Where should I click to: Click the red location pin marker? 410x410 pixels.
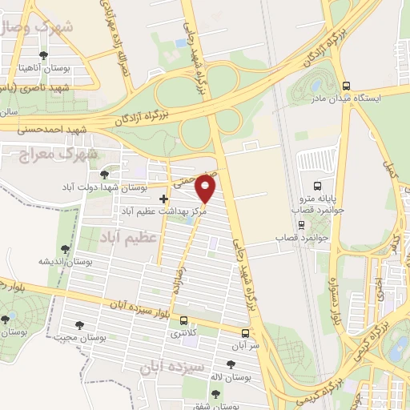pos(206,189)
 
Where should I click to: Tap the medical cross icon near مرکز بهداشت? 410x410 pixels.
pos(164,199)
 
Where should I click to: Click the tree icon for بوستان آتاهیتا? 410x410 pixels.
pos(42,55)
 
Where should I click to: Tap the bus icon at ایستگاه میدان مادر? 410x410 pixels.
pos(346,86)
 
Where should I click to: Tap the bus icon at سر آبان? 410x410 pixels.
pos(245,332)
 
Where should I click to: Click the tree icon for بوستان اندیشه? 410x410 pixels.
pos(65,250)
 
